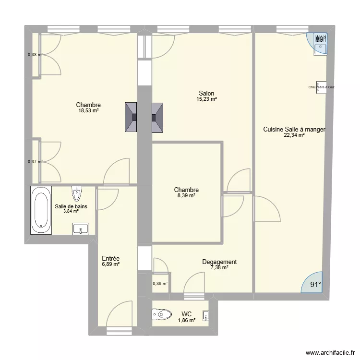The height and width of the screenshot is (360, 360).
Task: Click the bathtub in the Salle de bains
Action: click(41, 210)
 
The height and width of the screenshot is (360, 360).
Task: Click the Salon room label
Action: click(206, 94)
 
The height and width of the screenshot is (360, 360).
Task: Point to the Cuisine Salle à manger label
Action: click(294, 129)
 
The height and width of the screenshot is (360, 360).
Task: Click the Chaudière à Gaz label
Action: click(322, 87)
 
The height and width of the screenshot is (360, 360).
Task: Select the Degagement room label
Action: click(219, 262)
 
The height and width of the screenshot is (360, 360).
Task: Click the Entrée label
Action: click(110, 258)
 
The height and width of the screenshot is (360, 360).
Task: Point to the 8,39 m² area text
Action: click(186, 196)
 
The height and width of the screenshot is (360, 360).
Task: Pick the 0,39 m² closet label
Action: click(160, 284)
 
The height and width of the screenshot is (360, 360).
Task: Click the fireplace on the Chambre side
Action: click(131, 117)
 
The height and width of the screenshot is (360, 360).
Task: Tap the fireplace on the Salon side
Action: click(157, 117)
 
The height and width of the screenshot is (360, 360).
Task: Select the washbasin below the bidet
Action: click(81, 228)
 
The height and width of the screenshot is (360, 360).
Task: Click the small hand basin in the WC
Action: click(205, 315)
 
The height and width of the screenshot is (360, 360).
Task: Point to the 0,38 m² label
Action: click(35, 54)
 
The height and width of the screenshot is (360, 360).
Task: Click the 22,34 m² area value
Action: click(294, 135)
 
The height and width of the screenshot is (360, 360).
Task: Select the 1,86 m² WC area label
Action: click(186, 320)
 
